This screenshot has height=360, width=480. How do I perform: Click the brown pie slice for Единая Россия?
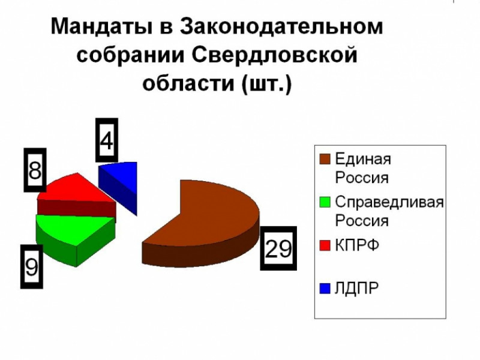coord(210,222)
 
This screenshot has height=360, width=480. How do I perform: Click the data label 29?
coord(278,248)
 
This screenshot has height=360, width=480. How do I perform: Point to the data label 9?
coord(32,266)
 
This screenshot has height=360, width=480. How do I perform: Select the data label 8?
coord(35,170)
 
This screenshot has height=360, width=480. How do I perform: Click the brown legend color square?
coord(325,160)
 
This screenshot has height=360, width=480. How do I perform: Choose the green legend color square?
coord(325,202)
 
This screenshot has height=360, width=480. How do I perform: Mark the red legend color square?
coord(325,245)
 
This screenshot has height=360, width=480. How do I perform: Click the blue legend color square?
coord(325,289)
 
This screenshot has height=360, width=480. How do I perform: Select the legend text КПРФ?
coord(357,245)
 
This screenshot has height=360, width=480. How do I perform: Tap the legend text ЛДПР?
coord(357,289)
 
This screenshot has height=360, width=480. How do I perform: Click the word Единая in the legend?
coord(363,160)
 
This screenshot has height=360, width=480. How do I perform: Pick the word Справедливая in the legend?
coord(389,202)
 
